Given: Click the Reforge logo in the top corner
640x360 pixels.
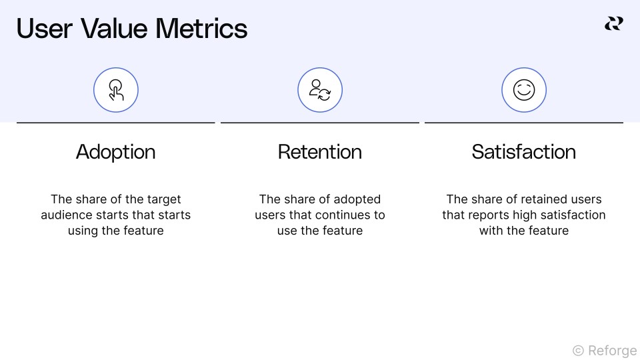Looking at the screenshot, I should pyautogui.click(x=613, y=24).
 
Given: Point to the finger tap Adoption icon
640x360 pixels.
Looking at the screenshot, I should pyautogui.click(x=116, y=90).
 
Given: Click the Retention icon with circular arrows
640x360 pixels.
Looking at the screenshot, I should pyautogui.click(x=320, y=90).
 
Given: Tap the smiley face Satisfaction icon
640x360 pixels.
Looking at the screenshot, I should pyautogui.click(x=524, y=90).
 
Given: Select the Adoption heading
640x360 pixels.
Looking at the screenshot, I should pyautogui.click(x=116, y=152).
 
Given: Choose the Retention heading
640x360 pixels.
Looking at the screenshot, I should pyautogui.click(x=320, y=152).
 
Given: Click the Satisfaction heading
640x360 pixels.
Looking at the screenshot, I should pyautogui.click(x=524, y=152).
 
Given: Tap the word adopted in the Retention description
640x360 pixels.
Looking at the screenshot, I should pyautogui.click(x=357, y=199).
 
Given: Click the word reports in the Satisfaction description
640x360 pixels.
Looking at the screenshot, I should pyautogui.click(x=489, y=215).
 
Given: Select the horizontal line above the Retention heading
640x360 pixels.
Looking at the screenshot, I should pyautogui.click(x=320, y=123).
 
